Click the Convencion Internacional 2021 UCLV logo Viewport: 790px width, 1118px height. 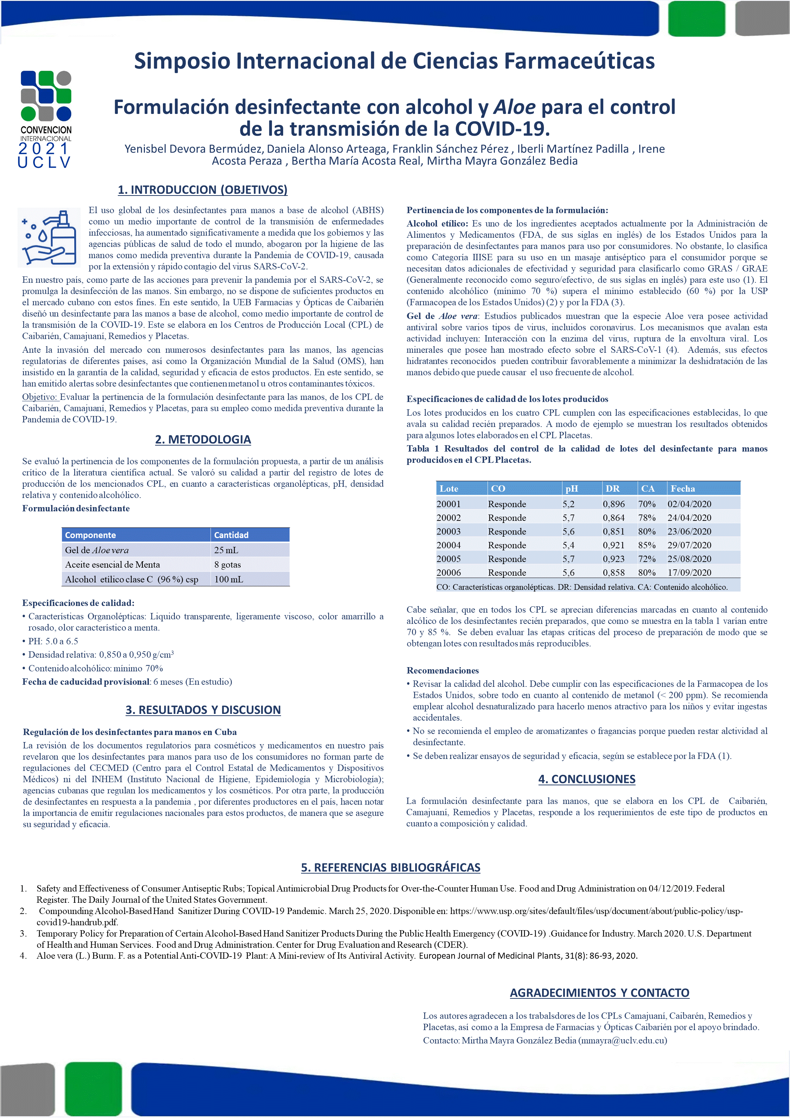46,119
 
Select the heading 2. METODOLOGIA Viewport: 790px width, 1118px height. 203,439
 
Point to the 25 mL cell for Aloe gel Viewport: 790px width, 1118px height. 226,550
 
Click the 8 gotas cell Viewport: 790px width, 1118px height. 228,564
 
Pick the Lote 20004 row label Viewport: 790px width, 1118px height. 448,545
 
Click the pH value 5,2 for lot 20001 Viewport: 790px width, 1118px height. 568,504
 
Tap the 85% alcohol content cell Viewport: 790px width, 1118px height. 647,545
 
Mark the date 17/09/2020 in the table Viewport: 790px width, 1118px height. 689,573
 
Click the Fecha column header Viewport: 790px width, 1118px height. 682,488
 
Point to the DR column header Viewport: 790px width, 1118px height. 612,488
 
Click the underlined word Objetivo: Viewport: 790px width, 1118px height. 39,397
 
